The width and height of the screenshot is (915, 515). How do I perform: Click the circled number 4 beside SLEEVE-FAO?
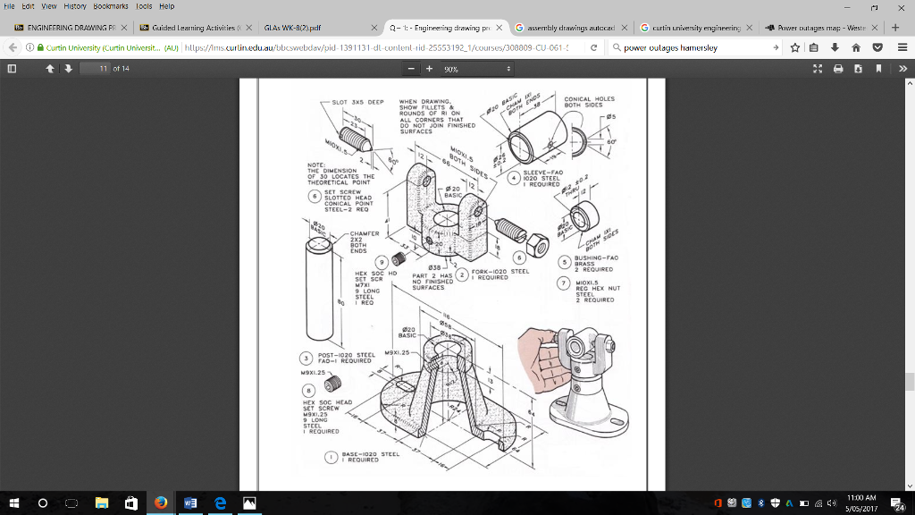(513, 177)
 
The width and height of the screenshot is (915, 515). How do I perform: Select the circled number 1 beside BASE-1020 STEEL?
(332, 457)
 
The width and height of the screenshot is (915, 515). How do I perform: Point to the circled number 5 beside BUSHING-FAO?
(564, 262)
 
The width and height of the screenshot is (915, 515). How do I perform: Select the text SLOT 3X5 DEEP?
(357, 102)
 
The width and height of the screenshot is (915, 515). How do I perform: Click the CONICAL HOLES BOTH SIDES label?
(590, 102)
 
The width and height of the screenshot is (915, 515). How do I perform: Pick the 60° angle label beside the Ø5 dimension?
(610, 141)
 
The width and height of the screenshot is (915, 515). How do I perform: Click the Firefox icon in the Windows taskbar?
(161, 503)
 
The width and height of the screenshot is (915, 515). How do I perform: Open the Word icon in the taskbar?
(189, 503)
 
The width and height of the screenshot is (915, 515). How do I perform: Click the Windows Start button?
(14, 503)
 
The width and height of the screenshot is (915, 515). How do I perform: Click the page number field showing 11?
(105, 69)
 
